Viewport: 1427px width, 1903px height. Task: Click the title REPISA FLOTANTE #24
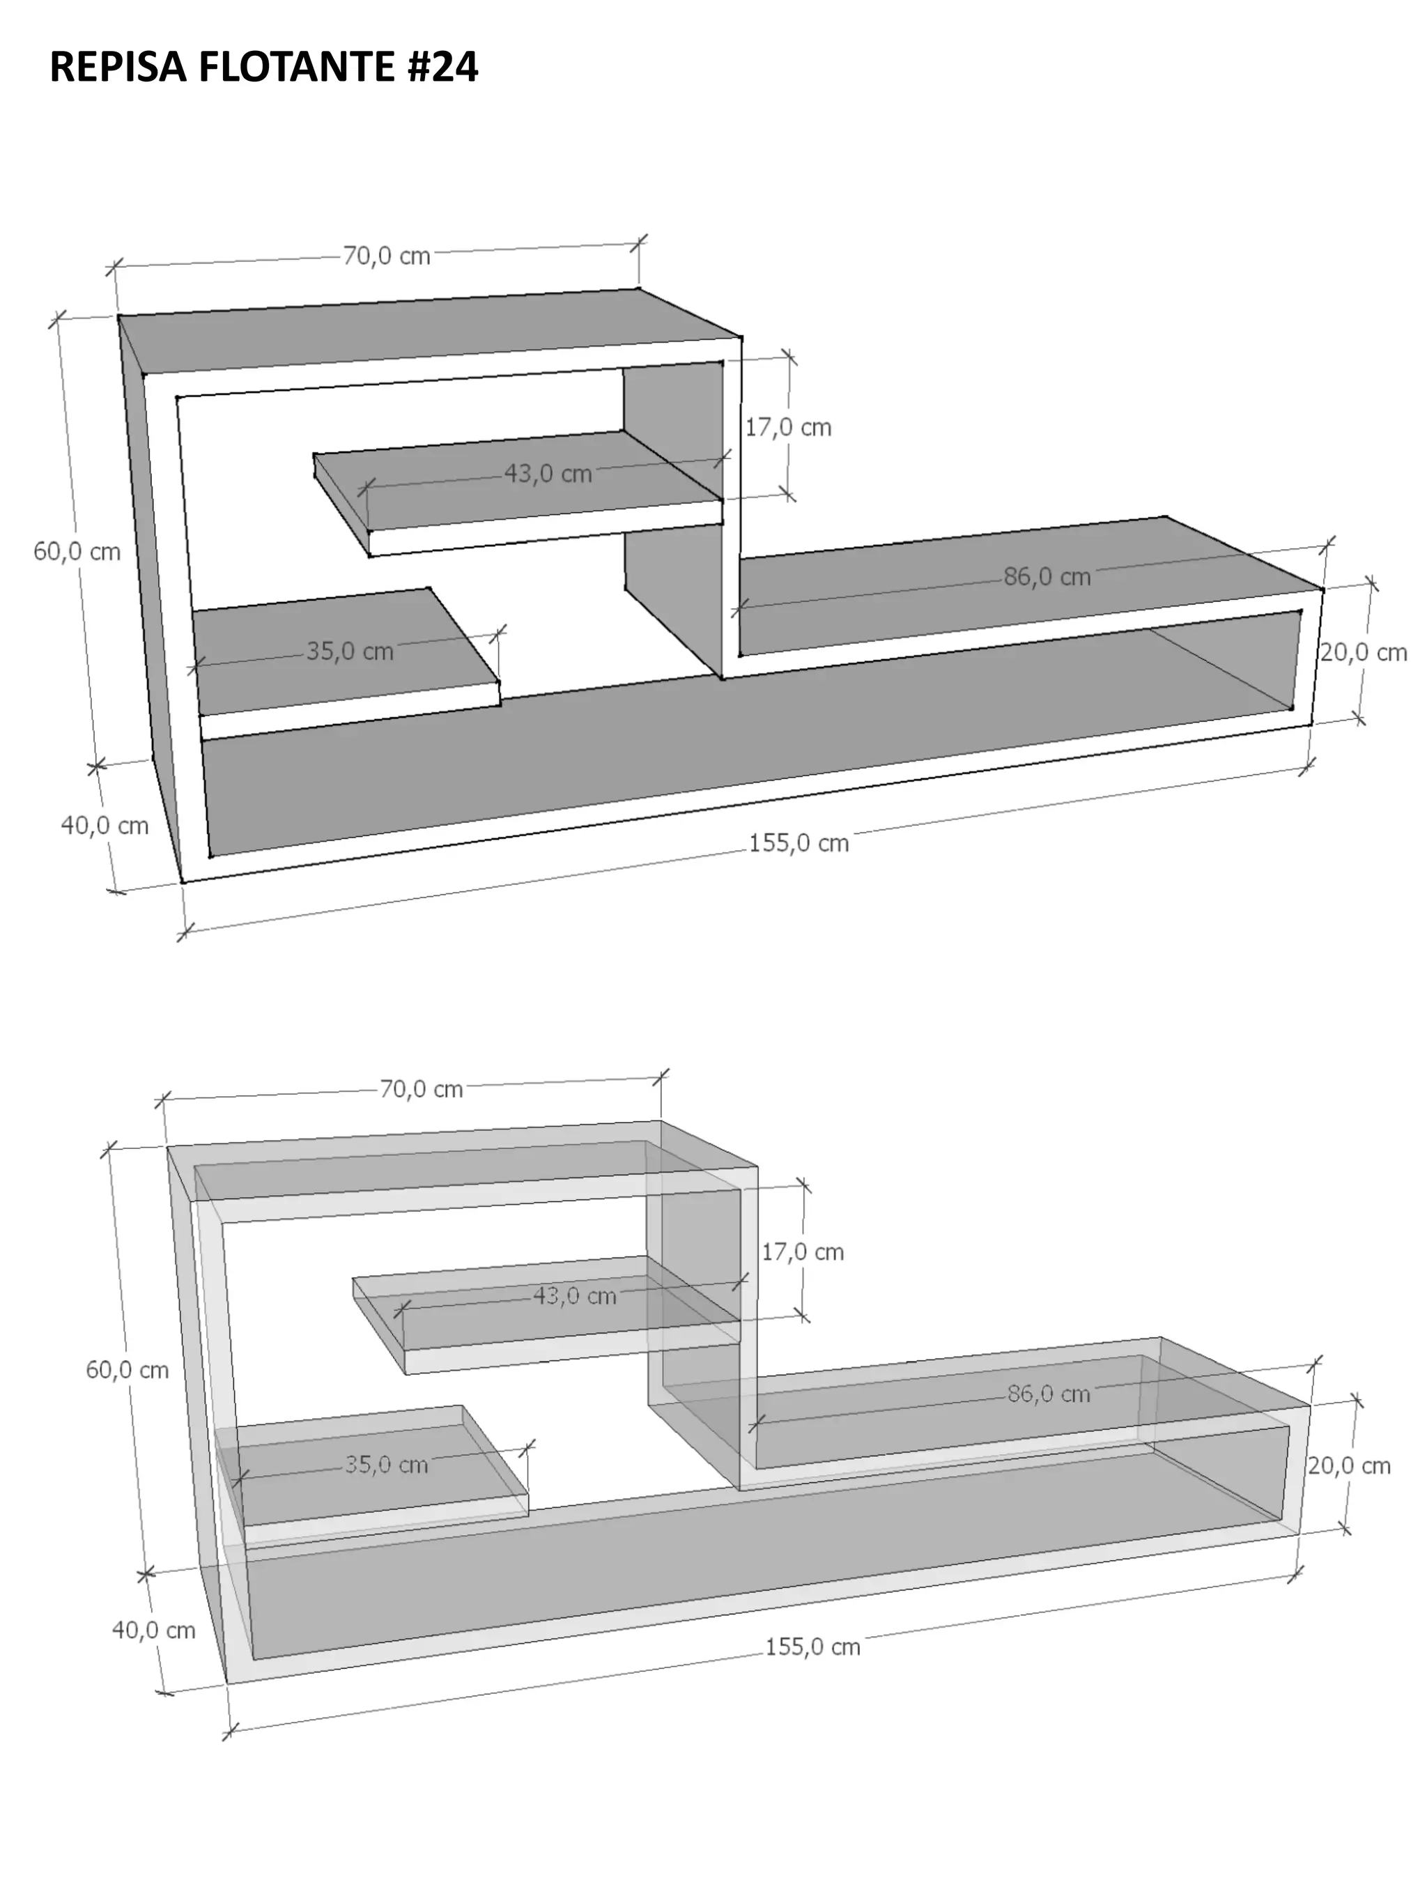click(x=263, y=67)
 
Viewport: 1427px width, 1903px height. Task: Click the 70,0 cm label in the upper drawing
click(x=386, y=256)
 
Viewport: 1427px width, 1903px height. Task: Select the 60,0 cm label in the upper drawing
click(x=77, y=551)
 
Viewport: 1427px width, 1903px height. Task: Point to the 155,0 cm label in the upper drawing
click(x=799, y=843)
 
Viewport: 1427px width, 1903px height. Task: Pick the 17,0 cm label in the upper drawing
click(x=788, y=428)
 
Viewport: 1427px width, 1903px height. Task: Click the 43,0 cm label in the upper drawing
click(x=548, y=473)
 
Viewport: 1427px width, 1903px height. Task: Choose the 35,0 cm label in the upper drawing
click(x=350, y=652)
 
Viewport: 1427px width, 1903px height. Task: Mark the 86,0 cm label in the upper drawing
click(x=1047, y=576)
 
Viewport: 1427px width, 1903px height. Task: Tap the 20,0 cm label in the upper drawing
click(x=1364, y=652)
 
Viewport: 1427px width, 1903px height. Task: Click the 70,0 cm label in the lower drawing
click(x=422, y=1089)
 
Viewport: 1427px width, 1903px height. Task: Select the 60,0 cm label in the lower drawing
click(x=128, y=1370)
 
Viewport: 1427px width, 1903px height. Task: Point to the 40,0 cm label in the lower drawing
click(x=154, y=1631)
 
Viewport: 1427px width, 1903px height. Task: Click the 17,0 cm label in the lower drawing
click(x=803, y=1251)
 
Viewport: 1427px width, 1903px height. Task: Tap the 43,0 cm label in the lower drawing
click(x=575, y=1295)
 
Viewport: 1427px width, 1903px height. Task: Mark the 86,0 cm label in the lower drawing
click(x=1049, y=1394)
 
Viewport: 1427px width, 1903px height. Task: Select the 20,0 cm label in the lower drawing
click(x=1349, y=1465)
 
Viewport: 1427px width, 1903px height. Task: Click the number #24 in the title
click(x=442, y=67)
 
